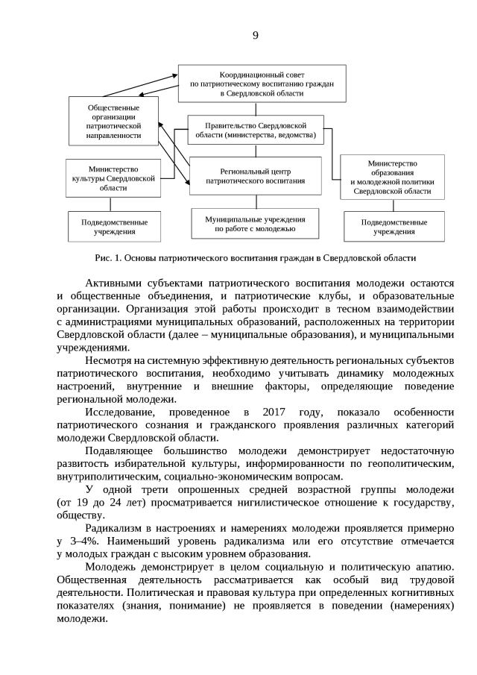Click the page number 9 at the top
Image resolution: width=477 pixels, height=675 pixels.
(x=255, y=35)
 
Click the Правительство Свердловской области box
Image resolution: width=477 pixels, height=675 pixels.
(x=256, y=131)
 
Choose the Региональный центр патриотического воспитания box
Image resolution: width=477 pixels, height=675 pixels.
(x=255, y=176)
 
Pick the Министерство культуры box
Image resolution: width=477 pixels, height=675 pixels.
(x=113, y=179)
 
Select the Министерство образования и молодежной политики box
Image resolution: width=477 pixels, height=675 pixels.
(x=392, y=178)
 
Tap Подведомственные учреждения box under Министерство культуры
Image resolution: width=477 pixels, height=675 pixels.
(x=114, y=227)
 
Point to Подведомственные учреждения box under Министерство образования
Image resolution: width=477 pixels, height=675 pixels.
(x=394, y=227)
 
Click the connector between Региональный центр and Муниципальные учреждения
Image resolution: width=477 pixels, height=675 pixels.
(x=256, y=201)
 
